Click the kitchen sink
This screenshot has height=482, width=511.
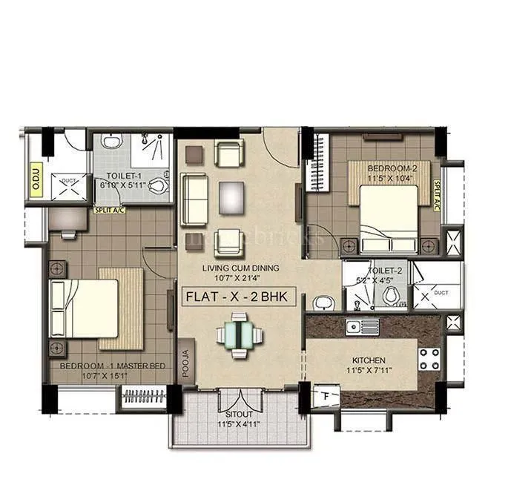(x=361, y=326)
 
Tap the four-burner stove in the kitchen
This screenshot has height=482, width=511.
(x=429, y=360)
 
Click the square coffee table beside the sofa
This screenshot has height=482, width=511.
(x=231, y=197)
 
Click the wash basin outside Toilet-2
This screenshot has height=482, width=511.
(x=321, y=303)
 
